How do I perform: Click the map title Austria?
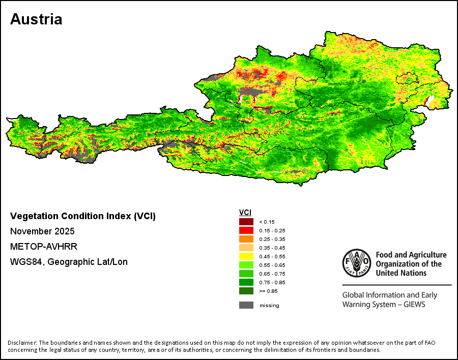pyautogui.click(x=36, y=19)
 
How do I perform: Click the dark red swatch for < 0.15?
pyautogui.click(x=246, y=222)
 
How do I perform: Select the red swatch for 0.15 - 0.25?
pyautogui.click(x=246, y=230)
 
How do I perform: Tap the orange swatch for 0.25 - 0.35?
pyautogui.click(x=246, y=239)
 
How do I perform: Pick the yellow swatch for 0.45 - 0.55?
pyautogui.click(x=246, y=256)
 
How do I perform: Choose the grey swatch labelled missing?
pyautogui.click(x=246, y=305)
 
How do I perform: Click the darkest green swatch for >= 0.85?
pyautogui.click(x=246, y=291)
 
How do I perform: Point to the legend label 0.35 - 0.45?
pyautogui.click(x=272, y=248)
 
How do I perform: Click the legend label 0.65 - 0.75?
pyautogui.click(x=272, y=274)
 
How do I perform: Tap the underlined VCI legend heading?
pyautogui.click(x=245, y=213)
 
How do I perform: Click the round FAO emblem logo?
pyautogui.click(x=357, y=263)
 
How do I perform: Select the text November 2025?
pyautogui.click(x=42, y=231)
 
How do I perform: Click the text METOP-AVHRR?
pyautogui.click(x=44, y=247)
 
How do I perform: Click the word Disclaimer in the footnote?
pyautogui.click(x=22, y=343)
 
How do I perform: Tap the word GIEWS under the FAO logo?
pyautogui.click(x=414, y=305)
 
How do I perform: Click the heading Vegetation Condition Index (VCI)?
pyautogui.click(x=83, y=216)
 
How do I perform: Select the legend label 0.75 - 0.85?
pyautogui.click(x=272, y=283)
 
